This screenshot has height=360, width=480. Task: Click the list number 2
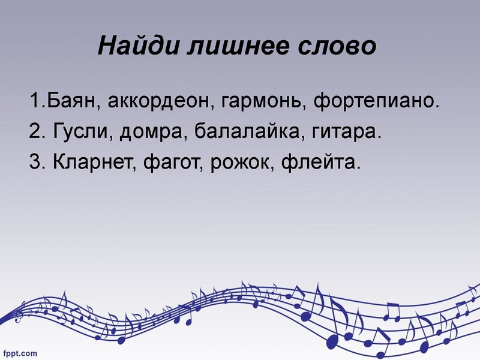[34, 131]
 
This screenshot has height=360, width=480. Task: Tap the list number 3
[34, 162]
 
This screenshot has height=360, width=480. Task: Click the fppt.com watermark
[20, 353]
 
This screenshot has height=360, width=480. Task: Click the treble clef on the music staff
[21, 313]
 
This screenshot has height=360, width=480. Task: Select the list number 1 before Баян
[32, 100]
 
